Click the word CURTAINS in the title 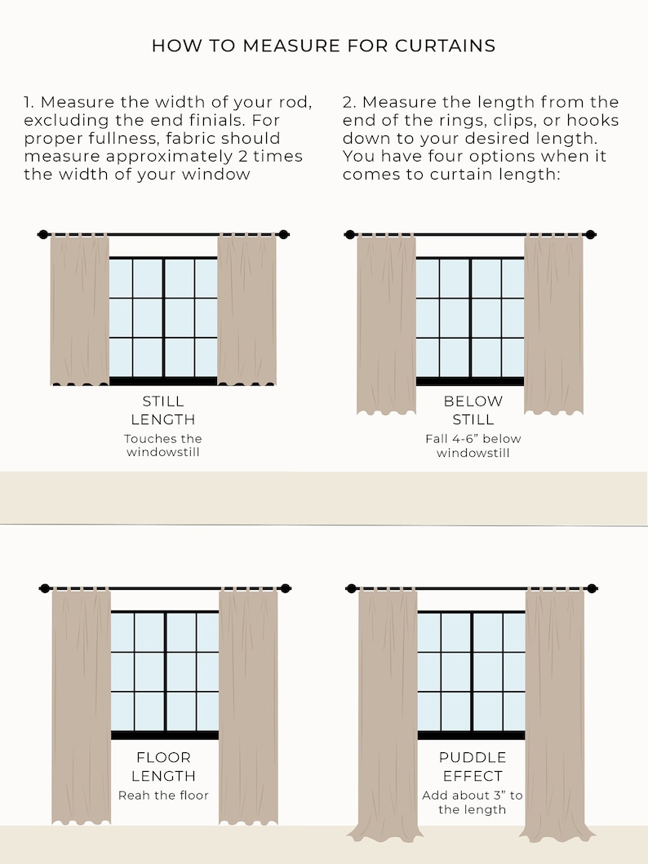point(446,46)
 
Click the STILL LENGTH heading point(163,410)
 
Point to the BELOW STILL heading point(473,410)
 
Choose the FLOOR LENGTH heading point(164,766)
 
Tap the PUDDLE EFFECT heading point(473,766)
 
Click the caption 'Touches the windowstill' point(163,445)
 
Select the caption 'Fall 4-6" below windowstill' point(473,445)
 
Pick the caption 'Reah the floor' point(164,795)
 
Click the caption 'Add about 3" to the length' point(473,802)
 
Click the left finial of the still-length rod point(43,235)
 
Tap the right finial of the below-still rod point(590,235)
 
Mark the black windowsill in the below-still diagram point(470,381)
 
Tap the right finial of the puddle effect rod point(592,588)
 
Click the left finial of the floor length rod point(45,588)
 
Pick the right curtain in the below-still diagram point(554,324)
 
